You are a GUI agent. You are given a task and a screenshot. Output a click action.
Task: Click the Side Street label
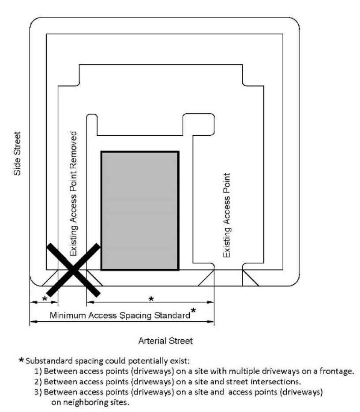tap(17, 153)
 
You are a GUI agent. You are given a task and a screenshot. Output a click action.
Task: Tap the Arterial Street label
tap(165, 341)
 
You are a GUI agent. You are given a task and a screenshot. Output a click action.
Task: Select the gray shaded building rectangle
tap(140, 211)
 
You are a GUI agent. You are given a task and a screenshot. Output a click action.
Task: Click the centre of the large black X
tap(73, 270)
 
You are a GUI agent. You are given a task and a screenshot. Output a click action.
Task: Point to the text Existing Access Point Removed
tap(73, 193)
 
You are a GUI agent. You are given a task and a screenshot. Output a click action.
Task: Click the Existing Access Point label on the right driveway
tap(227, 215)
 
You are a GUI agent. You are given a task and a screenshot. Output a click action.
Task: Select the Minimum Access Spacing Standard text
tap(120, 315)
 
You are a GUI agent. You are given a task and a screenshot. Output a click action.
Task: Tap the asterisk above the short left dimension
tap(45, 298)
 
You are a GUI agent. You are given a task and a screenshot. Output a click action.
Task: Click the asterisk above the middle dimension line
tap(151, 299)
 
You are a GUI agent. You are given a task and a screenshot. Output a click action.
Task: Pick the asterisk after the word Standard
tap(193, 310)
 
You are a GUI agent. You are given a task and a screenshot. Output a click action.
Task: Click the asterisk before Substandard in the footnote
tap(21, 360)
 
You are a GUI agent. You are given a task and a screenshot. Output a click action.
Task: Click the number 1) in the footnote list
tap(38, 371)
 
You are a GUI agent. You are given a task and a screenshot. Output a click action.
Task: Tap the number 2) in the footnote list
tap(38, 382)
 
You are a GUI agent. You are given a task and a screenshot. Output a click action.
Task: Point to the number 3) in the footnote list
tap(38, 392)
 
